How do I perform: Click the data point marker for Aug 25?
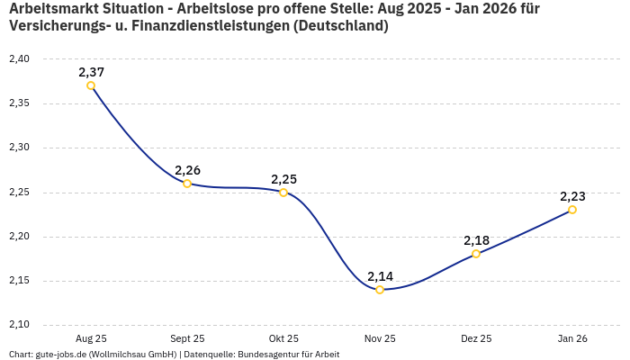point(91,85)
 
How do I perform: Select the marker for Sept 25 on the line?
point(187,184)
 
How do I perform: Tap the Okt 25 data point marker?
point(283,192)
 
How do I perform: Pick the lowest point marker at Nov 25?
point(380,290)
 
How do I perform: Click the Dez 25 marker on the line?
point(476,254)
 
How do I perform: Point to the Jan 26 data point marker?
point(572,210)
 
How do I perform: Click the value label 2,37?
point(91,72)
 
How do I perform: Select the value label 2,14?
point(380,276)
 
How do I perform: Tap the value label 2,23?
point(572,196)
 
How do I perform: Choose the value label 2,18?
point(476,240)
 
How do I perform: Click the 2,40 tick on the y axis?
point(19,59)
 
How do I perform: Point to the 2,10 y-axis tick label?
point(19,325)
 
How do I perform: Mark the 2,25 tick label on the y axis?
point(19,193)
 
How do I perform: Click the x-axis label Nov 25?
point(380,338)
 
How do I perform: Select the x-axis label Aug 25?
point(91,338)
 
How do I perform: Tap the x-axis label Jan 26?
point(572,338)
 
